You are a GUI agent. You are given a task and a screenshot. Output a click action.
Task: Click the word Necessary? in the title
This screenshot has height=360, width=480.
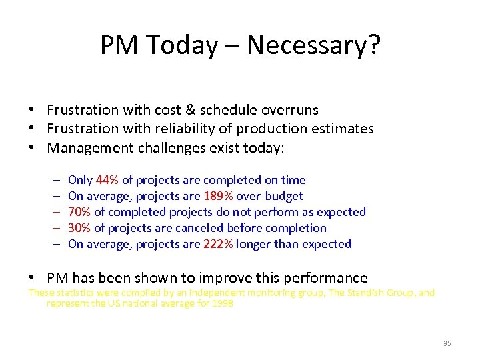pyautogui.click(x=314, y=45)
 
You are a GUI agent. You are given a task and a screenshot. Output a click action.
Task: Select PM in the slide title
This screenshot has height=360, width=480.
pyautogui.click(x=119, y=45)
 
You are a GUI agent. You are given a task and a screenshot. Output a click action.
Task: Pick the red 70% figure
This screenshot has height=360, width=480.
pyautogui.click(x=80, y=212)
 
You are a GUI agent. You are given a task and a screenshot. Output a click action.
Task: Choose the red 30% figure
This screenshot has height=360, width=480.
pyautogui.click(x=80, y=228)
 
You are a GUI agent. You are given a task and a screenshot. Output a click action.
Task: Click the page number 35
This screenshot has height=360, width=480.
pyautogui.click(x=447, y=343)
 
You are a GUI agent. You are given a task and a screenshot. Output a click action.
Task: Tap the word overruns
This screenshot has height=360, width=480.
pyautogui.click(x=288, y=110)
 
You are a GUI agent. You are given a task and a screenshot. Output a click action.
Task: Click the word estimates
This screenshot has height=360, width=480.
pyautogui.click(x=344, y=129)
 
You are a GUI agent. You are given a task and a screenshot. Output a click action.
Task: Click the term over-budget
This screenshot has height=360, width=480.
pyautogui.click(x=271, y=196)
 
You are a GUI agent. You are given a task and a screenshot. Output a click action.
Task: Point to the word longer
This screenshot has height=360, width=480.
pyautogui.click(x=254, y=244)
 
